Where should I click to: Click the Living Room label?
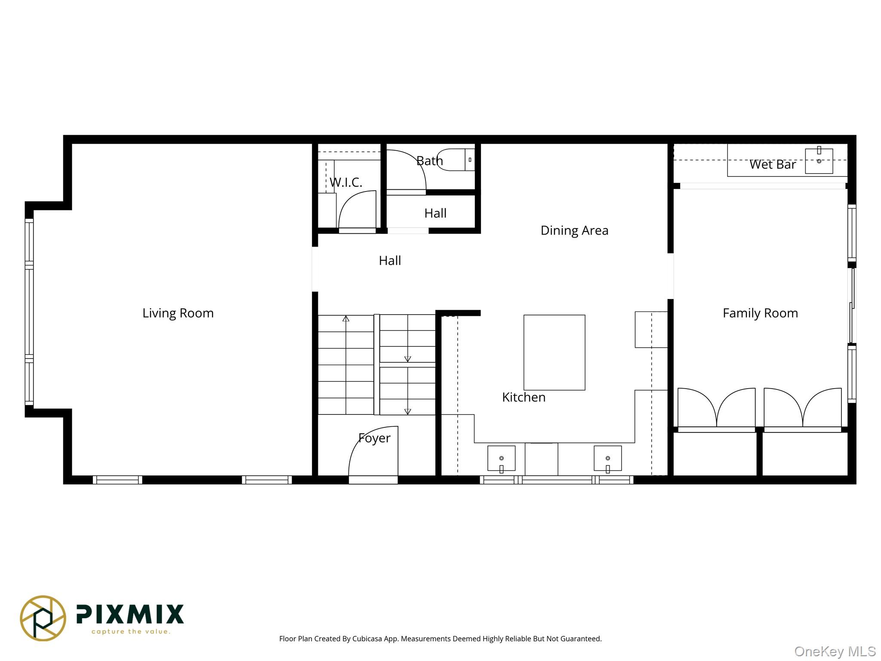click(x=178, y=313)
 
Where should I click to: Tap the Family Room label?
click(x=760, y=313)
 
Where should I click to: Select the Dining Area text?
click(x=574, y=230)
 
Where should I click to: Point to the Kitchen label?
click(x=523, y=397)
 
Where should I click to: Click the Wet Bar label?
click(x=772, y=164)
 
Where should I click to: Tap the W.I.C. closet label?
click(x=345, y=182)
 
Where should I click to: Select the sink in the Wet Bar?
click(x=818, y=161)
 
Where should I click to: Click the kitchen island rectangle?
click(x=554, y=352)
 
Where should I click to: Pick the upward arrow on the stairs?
click(x=345, y=319)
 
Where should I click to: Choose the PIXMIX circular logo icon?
click(x=43, y=618)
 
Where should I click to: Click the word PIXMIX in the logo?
click(x=130, y=614)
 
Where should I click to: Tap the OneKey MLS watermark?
click(x=835, y=651)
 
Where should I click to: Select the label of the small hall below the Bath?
click(x=435, y=213)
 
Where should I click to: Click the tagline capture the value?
click(x=131, y=631)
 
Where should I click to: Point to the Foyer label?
click(x=374, y=438)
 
